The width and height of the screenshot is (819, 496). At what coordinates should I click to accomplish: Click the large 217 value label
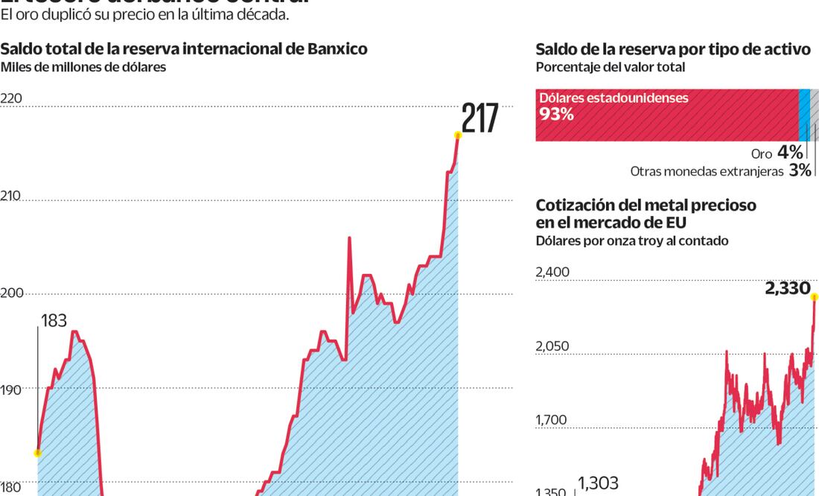click(x=479, y=118)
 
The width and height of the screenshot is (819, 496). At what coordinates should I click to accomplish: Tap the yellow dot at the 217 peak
click(x=458, y=135)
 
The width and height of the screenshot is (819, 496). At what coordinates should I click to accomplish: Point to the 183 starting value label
click(x=54, y=321)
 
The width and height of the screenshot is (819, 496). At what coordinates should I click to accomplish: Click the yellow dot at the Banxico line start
click(x=37, y=452)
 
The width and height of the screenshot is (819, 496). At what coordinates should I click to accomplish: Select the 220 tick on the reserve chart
click(x=11, y=99)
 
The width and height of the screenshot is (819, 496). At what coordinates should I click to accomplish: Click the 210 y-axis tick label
click(x=11, y=197)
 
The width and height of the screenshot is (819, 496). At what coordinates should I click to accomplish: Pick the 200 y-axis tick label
click(x=12, y=293)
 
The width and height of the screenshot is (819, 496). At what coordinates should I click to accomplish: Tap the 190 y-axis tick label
click(x=11, y=389)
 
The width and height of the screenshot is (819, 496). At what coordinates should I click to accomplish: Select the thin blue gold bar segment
click(x=804, y=115)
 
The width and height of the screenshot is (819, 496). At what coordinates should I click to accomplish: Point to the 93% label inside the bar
click(x=556, y=115)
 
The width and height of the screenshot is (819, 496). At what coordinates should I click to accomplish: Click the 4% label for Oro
click(x=790, y=153)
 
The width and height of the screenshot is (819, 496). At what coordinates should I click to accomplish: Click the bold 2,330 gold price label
click(x=787, y=287)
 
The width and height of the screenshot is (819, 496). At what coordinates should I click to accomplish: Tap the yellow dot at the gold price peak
click(x=815, y=297)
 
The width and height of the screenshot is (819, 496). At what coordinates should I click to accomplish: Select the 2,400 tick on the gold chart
click(x=552, y=272)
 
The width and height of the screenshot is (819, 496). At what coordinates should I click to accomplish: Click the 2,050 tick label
click(x=552, y=346)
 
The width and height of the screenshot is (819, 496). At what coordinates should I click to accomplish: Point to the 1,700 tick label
click(x=551, y=420)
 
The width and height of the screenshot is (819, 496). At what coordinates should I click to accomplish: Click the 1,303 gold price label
click(x=598, y=483)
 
